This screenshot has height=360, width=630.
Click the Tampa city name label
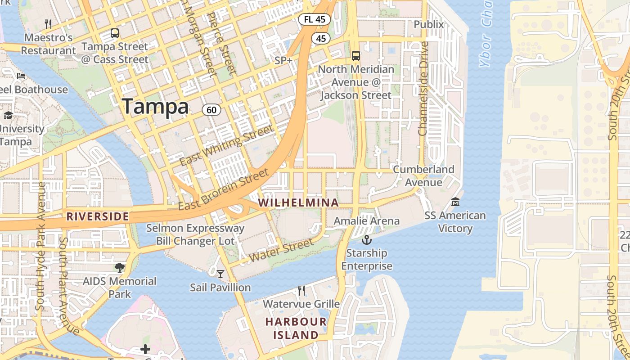point(155,107)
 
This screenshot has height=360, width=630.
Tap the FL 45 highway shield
point(315,19)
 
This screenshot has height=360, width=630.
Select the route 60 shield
point(211,109)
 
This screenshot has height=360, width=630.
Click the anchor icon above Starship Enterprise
point(367,239)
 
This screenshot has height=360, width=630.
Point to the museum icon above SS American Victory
point(455,202)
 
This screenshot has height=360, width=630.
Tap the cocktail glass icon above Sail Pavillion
point(220,274)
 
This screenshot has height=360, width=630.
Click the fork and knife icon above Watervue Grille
point(301,291)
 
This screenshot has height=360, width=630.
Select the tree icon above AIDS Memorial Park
point(119,268)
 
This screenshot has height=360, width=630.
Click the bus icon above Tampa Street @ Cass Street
point(115,33)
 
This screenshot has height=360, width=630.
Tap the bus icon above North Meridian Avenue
point(356,56)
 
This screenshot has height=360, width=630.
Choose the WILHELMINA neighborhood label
point(299,203)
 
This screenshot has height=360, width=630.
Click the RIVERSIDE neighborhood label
point(98,216)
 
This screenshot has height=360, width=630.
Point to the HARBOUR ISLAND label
point(296,328)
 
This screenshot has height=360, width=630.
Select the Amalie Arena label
point(366,221)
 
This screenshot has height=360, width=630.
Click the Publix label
point(428,24)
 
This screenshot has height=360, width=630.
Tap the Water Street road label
point(281,250)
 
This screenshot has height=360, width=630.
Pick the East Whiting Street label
point(226,145)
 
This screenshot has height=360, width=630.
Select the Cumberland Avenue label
point(423,176)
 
